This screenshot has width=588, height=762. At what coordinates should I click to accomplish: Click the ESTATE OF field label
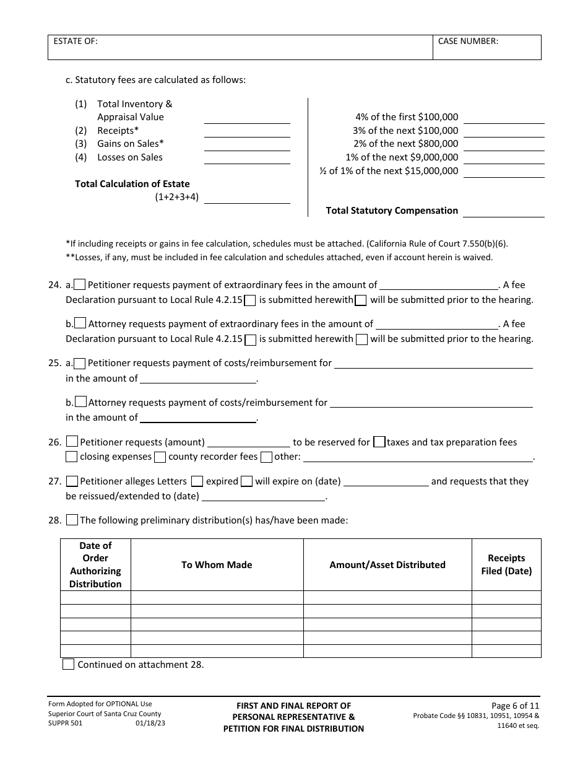point(76,42)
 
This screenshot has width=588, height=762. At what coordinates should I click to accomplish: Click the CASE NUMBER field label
point(468,42)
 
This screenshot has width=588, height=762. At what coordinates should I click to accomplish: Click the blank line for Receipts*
point(247,131)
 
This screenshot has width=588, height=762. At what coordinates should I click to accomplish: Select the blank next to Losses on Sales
point(247,158)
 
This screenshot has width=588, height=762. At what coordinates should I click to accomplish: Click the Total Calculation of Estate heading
point(132,184)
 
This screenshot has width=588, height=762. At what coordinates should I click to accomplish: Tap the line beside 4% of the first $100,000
point(503,118)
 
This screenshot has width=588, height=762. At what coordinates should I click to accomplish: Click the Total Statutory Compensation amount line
point(503,211)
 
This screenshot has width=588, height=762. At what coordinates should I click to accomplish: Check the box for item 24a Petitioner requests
point(80,285)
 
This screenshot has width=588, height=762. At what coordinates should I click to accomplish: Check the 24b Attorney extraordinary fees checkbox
point(80,323)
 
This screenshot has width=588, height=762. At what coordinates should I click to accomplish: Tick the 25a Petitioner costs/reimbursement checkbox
point(80,363)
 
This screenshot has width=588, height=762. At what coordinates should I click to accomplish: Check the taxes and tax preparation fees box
point(379,442)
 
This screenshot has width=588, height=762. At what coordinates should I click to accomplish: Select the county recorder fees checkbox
point(160,457)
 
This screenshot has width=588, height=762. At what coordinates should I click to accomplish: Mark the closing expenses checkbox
point(72,457)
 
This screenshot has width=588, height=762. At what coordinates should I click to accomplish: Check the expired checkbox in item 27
point(197,481)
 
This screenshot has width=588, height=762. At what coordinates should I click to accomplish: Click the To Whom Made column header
point(217,565)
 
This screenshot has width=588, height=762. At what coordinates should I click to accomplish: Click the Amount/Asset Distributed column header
point(387,565)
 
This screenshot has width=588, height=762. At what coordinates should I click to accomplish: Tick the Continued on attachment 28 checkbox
point(69,665)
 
